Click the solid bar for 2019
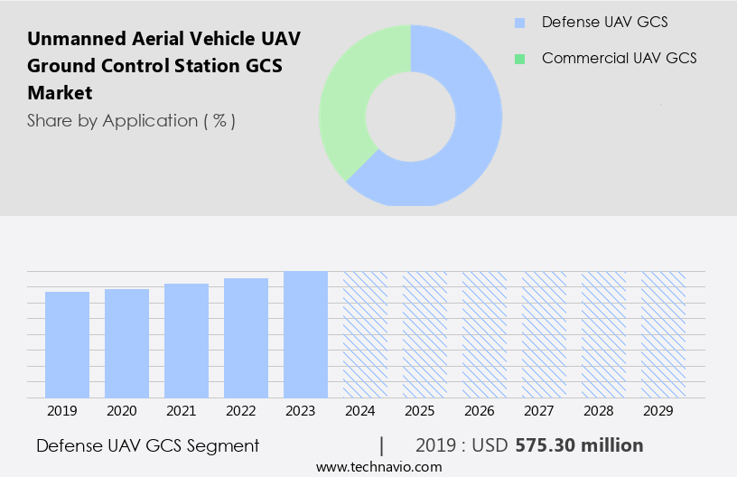67,344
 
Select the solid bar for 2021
186,341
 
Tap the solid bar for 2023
305,334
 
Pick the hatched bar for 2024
365,334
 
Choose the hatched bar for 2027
544,334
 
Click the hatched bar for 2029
663,334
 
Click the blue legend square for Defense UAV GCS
518,23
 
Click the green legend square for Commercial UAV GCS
518,59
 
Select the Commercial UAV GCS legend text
619,59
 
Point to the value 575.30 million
579,445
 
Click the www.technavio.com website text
379,466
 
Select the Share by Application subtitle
131,120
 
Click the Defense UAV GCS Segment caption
148,445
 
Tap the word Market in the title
60,93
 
